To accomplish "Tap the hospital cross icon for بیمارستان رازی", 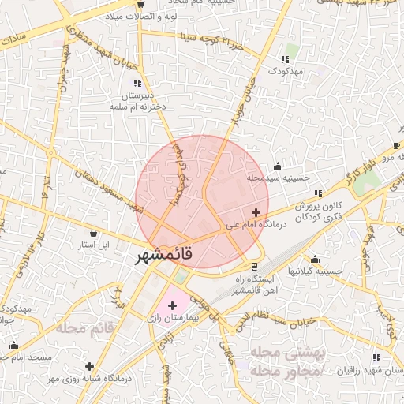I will (x=172, y=305).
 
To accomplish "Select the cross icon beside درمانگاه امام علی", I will (x=256, y=212).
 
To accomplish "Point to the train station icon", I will (x=254, y=266).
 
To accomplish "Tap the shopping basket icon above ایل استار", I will (x=94, y=233).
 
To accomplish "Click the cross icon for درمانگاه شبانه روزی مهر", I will (x=90, y=366).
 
